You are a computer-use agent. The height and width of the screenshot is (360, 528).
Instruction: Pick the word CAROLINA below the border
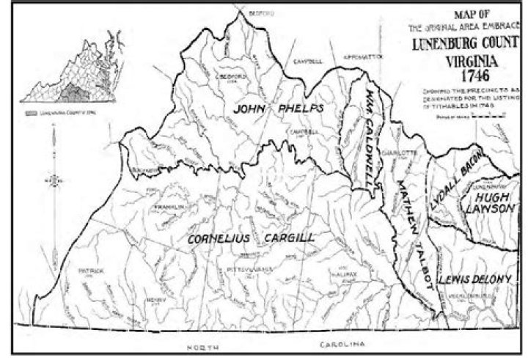coord(342,343)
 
